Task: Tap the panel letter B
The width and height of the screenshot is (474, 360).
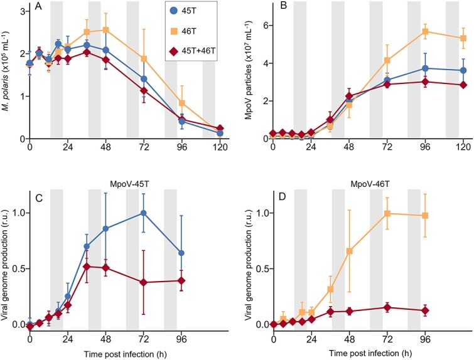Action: click(x=283, y=10)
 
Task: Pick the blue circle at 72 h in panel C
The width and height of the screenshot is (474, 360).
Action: click(x=144, y=213)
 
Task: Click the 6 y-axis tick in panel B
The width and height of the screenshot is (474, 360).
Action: click(x=264, y=26)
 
